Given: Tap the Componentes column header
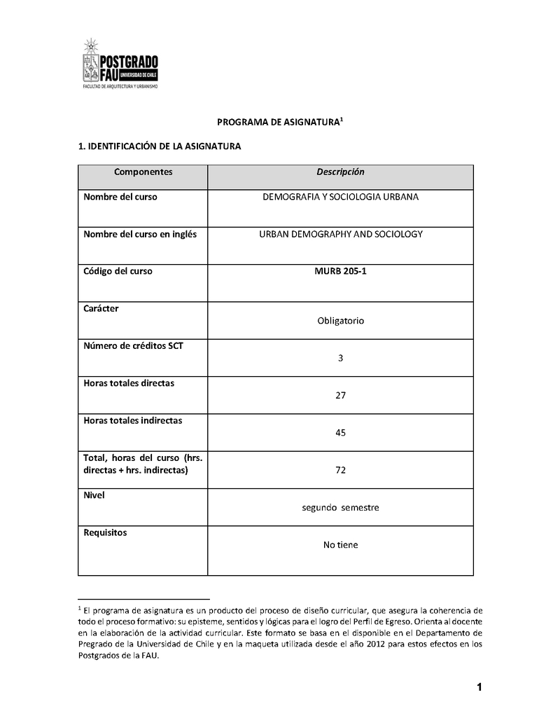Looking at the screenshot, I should [143, 172].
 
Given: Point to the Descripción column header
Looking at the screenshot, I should [340, 172].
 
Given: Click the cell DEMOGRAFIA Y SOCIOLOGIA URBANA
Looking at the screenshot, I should [340, 197].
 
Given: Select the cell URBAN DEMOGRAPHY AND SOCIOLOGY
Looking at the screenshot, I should [340, 234].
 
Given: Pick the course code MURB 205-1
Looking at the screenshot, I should [340, 271].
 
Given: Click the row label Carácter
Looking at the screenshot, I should [101, 309].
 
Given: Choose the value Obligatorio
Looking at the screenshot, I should [340, 321].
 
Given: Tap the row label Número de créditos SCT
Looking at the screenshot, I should [133, 346].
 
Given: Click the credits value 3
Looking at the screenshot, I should [340, 358].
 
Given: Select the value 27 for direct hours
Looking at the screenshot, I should [340, 395].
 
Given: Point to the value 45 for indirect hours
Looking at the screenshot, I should [340, 432].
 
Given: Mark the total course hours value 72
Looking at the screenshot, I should [340, 469].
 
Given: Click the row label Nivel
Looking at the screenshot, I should [94, 495].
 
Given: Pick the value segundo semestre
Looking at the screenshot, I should [340, 507].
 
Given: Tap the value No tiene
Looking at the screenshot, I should [340, 544].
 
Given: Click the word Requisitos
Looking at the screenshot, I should [105, 532].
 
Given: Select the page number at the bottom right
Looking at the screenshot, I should [479, 687].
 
